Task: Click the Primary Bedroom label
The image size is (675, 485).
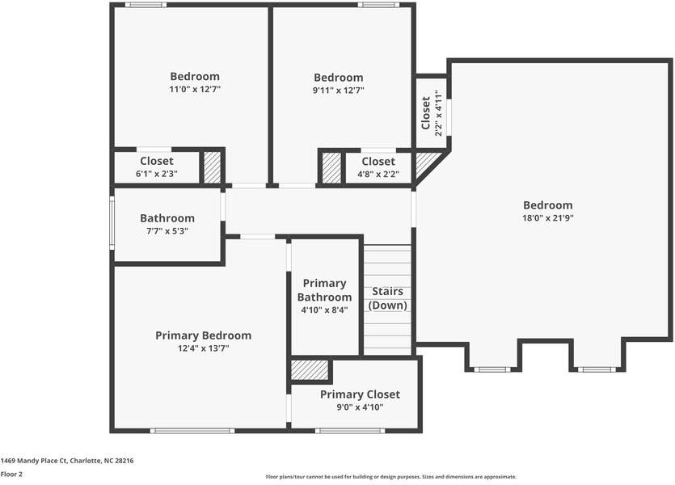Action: [203, 335]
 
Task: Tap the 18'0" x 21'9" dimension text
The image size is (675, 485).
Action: [547, 218]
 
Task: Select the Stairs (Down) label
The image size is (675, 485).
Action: [387, 298]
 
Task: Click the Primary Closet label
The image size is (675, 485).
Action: [360, 394]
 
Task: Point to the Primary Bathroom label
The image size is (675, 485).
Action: [324, 290]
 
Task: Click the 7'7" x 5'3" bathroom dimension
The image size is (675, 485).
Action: [167, 231]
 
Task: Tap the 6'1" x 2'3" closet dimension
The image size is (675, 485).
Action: [156, 174]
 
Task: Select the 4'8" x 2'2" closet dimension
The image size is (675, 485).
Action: [378, 174]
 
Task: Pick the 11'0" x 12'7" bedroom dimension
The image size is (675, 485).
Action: [195, 90]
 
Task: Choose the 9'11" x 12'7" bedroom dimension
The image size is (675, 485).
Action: [338, 91]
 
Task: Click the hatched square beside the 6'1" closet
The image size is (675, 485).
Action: [212, 167]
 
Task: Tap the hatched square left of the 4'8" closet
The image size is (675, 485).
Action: [331, 167]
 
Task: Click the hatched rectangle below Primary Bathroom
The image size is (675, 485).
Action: [310, 370]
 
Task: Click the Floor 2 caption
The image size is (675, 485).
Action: [11, 474]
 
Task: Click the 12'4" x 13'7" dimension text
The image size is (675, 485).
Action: [203, 348]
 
